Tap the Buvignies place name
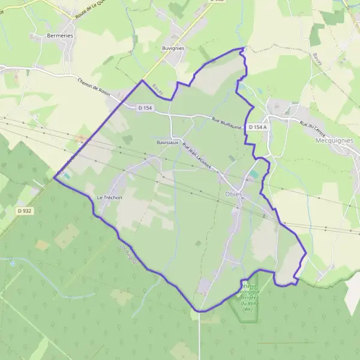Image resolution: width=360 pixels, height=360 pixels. pyautogui.click(x=173, y=48)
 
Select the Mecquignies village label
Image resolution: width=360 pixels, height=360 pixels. pyautogui.click(x=337, y=140)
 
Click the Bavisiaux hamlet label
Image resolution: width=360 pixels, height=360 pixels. pyautogui.click(x=167, y=143)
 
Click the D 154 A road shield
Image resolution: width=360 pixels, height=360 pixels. pyautogui.click(x=259, y=127)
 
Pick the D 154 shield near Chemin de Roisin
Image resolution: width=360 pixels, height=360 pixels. pyautogui.click(x=145, y=108)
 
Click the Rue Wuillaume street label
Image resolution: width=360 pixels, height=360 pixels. pyautogui.click(x=226, y=123)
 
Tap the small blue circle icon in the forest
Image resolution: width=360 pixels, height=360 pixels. pyautogui.click(x=12, y=263)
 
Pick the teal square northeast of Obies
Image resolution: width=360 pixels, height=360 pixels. pyautogui.click(x=255, y=174)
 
